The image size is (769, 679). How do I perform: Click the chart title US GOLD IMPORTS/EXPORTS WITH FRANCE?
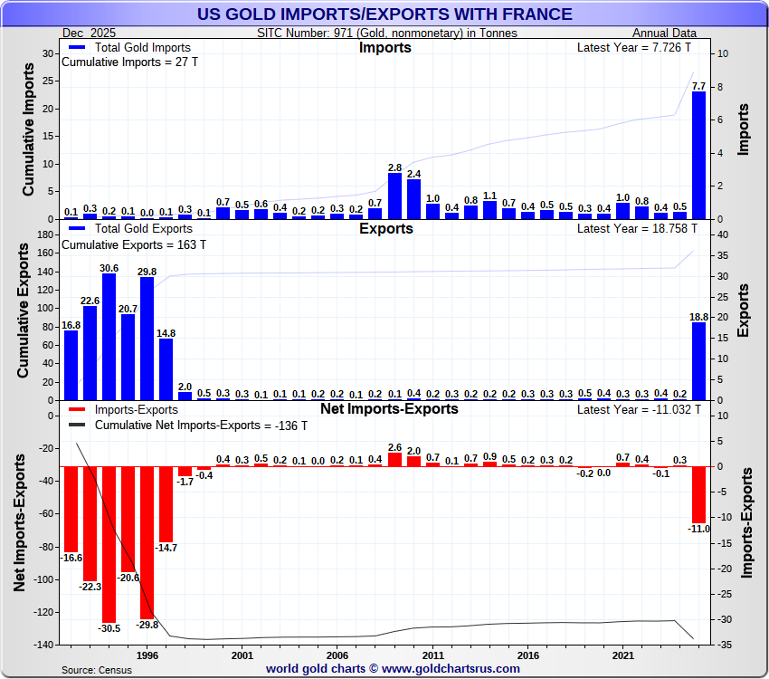pos(384,14)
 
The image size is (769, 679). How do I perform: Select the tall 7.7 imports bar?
pos(698,156)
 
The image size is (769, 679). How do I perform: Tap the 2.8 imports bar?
pos(394,196)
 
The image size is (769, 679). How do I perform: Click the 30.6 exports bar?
pos(109,337)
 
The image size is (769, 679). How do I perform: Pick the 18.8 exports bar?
pos(698,361)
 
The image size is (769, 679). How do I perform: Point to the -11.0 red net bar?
pos(698,494)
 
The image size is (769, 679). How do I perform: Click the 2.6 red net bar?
pos(394,460)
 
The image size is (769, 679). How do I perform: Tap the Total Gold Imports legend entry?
pos(138,46)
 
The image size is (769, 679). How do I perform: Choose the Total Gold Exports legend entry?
pos(138,228)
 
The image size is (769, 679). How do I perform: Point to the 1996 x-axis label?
pos(147,655)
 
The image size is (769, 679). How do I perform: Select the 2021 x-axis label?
pos(623,655)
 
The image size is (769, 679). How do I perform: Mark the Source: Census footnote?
pos(97,669)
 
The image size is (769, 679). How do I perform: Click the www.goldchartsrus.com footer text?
pos(451,668)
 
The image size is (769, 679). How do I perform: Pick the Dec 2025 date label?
pos(89,33)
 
